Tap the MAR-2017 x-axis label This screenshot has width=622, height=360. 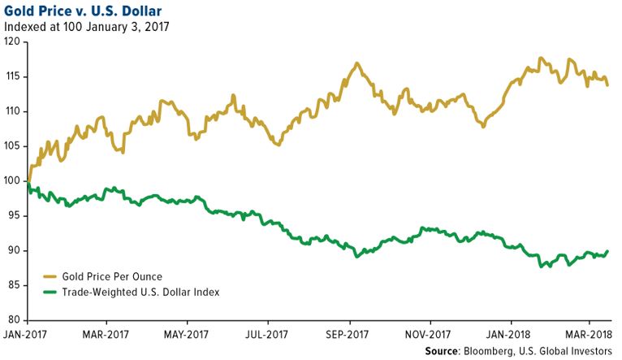pyautogui.click(x=106, y=334)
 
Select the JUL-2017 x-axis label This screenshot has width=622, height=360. pyautogui.click(x=268, y=334)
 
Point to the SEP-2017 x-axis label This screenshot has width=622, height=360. pyautogui.click(x=348, y=334)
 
